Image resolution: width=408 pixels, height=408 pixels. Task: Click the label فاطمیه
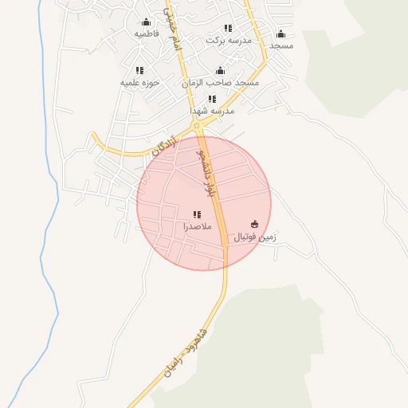tap(147, 34)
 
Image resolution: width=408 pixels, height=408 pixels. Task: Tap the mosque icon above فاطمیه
tap(146, 22)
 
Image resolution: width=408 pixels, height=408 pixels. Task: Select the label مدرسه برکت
tap(229, 40)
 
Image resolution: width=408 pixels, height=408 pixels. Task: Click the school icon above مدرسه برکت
tap(229, 28)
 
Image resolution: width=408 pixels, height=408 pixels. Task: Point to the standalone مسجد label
tap(281, 45)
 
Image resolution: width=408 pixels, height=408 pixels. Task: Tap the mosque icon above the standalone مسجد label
tap(280, 33)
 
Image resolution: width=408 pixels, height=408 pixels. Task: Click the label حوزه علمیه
tap(140, 82)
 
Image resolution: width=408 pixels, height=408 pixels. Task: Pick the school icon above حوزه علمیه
tap(140, 70)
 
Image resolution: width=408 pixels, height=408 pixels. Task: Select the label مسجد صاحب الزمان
tap(221, 83)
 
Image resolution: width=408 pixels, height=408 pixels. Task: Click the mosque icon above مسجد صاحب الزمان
tap(221, 71)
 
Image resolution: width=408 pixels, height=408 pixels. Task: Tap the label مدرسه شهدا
tap(213, 111)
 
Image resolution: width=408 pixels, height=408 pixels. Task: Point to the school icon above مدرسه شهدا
tap(212, 99)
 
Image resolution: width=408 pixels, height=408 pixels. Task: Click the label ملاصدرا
tap(197, 226)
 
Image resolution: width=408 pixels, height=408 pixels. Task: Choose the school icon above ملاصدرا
tap(197, 214)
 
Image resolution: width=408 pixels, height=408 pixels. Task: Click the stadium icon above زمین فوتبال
tap(254, 224)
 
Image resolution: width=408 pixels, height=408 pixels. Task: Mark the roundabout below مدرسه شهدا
tap(196, 125)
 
